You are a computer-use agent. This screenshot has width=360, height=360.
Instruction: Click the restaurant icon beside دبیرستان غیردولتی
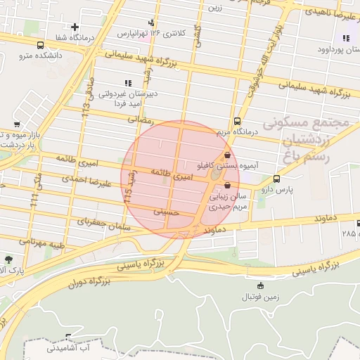tap(127, 82)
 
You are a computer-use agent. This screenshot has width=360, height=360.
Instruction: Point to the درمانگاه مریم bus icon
tap(237, 120)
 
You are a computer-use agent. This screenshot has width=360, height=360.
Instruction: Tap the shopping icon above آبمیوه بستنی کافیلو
tap(226, 155)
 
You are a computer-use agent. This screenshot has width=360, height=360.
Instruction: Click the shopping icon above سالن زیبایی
tap(226, 186)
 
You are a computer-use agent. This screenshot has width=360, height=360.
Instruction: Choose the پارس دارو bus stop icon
tap(276, 179)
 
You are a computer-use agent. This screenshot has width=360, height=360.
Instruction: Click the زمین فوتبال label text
tap(261, 297)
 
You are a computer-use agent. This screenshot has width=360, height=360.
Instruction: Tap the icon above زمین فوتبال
tap(261, 285)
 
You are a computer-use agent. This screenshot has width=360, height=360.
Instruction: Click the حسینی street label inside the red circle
tap(167, 210)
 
